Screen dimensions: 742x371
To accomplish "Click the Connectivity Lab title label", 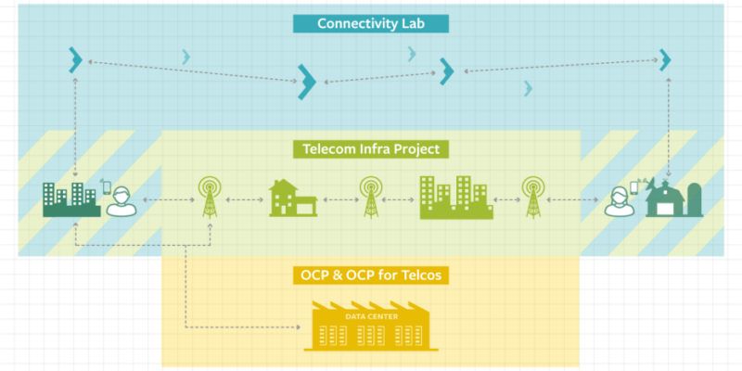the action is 370,24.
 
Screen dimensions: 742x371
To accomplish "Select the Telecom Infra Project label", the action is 370,149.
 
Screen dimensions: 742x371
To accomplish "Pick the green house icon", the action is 293,198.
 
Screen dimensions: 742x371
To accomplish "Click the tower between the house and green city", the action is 370,197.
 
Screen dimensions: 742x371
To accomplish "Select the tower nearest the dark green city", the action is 210,197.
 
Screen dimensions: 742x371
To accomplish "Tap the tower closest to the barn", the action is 532,197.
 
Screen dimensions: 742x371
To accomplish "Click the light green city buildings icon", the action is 456,198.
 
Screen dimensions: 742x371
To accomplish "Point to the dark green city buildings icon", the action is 71,199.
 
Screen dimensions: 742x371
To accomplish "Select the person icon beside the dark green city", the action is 122,202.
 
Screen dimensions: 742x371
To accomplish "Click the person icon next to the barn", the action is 619,202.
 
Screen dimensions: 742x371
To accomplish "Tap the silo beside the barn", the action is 695,199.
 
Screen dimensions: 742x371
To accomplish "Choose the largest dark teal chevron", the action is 307,82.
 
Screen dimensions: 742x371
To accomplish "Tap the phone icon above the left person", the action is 107,188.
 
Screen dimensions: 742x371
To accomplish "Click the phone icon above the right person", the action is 634,188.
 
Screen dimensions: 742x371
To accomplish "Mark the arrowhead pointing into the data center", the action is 298,327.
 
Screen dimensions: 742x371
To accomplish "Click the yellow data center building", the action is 371,326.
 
